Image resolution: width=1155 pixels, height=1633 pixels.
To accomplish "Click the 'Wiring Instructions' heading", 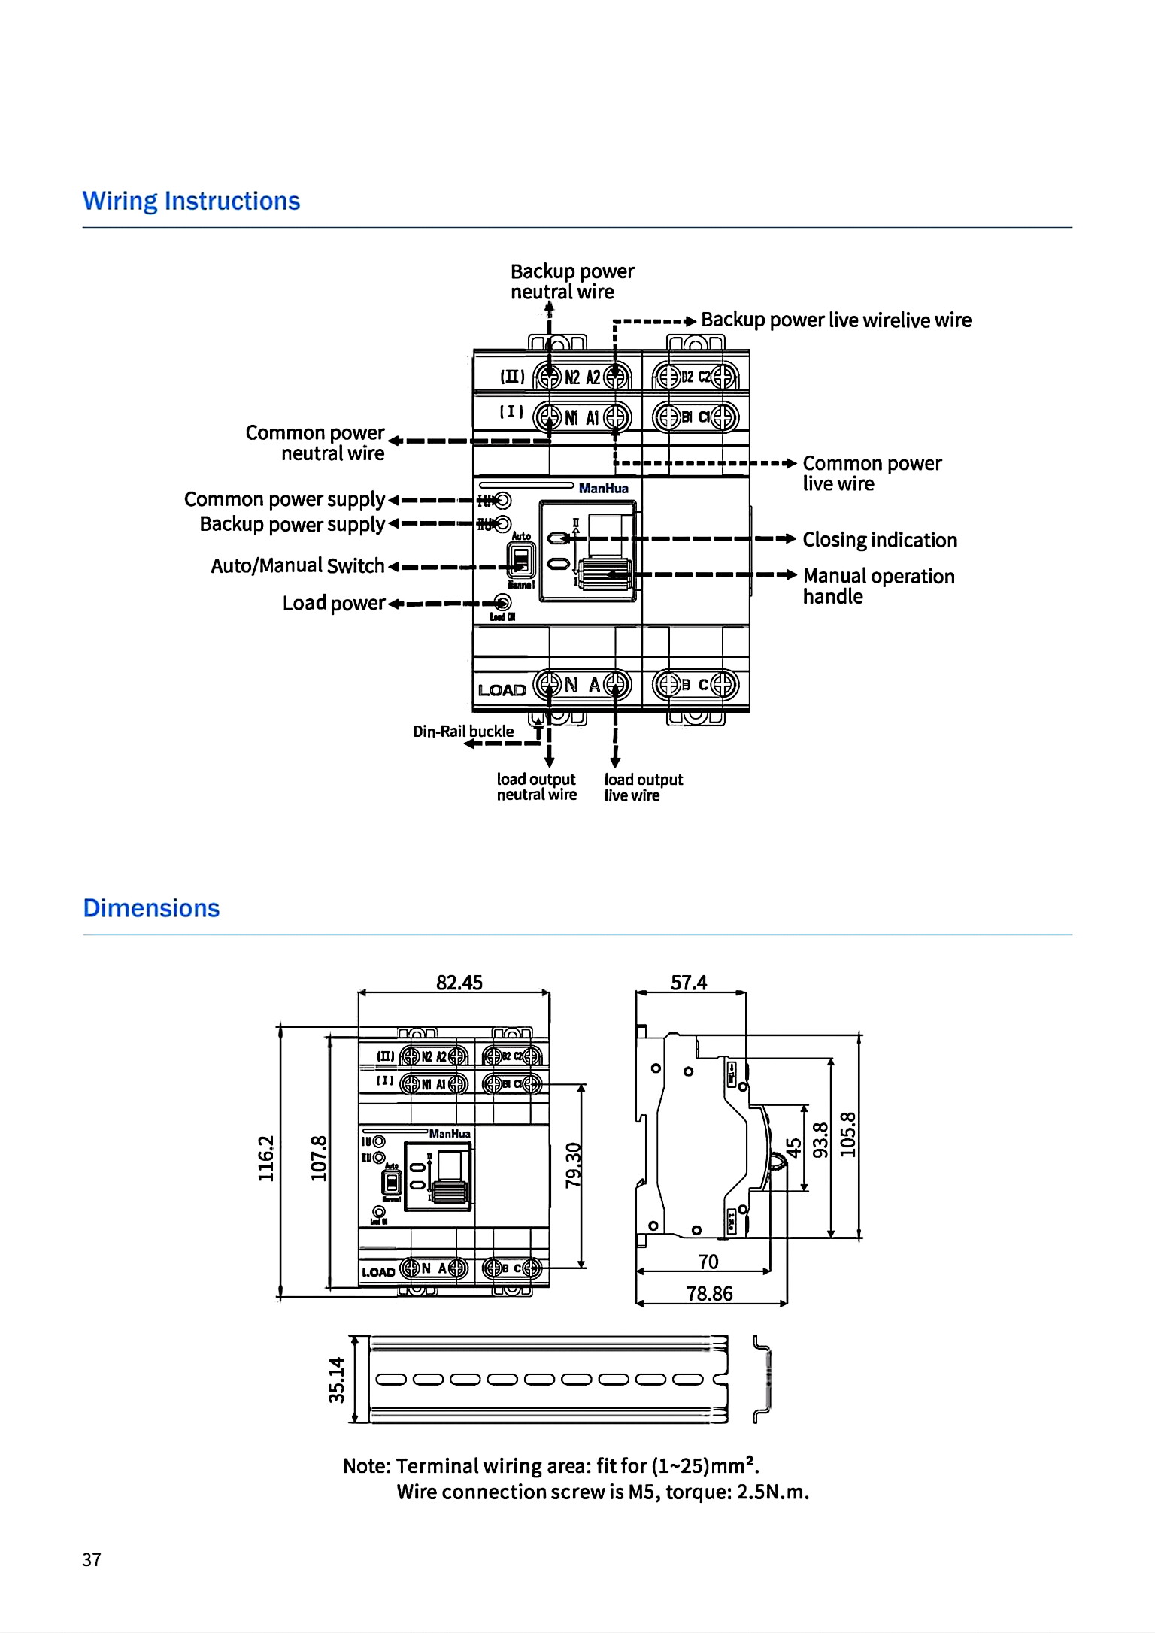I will [x=191, y=201].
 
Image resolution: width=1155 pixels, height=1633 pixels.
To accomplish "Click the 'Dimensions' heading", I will [x=151, y=908].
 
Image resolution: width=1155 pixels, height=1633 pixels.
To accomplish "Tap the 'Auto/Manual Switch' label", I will [x=297, y=565].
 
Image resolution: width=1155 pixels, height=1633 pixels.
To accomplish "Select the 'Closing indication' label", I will [x=880, y=540].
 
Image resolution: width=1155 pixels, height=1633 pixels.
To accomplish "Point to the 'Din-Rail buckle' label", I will [x=463, y=731].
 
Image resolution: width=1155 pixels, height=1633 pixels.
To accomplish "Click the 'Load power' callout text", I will [x=333, y=603].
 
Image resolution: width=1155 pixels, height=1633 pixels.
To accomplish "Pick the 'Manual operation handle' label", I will [x=878, y=586].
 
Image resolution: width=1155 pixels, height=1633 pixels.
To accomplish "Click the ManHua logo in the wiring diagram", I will [x=603, y=488].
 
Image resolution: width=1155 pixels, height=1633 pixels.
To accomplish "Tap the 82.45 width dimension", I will [x=459, y=983].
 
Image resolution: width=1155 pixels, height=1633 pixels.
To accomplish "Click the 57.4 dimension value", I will [x=689, y=983].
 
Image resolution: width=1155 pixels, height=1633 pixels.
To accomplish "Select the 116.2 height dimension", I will [x=266, y=1158].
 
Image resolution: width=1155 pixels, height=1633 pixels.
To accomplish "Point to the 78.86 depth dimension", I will [x=709, y=1293].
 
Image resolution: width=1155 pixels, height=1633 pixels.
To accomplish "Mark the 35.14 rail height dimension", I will [x=337, y=1380].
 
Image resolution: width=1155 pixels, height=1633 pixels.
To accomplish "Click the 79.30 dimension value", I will [x=574, y=1165].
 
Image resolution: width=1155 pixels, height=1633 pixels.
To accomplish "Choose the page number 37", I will [x=92, y=1560].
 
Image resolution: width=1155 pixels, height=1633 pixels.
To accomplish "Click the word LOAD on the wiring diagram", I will [x=502, y=690].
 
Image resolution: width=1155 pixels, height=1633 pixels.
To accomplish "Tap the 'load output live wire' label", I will [x=643, y=787].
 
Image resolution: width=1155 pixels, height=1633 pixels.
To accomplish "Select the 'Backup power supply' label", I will [x=292, y=524].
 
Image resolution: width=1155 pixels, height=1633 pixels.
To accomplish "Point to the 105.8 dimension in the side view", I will [x=847, y=1135].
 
